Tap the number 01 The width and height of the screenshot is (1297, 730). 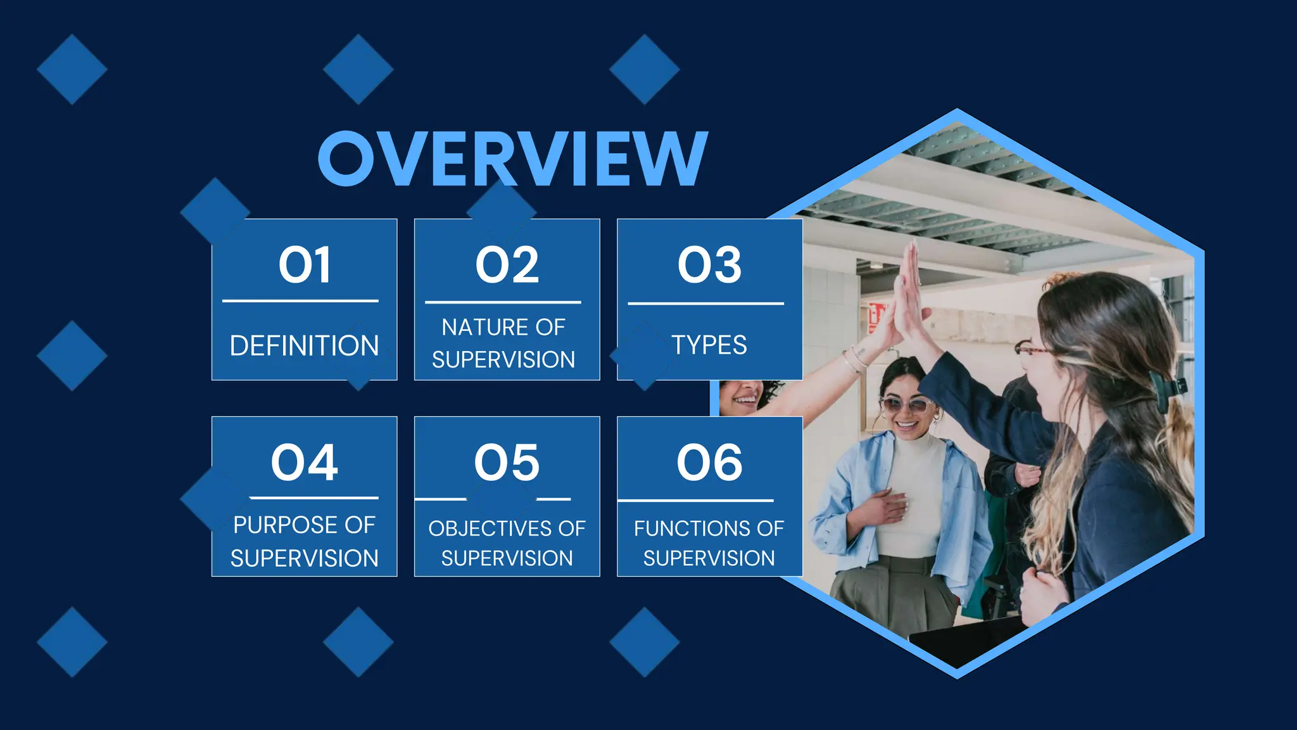click(x=305, y=265)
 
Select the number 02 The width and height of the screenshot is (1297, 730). click(x=507, y=265)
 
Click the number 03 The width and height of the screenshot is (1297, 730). click(x=709, y=265)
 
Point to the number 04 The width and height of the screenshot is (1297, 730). click(x=305, y=463)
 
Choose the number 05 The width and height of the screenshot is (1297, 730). click(x=507, y=463)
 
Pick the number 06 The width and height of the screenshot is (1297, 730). click(x=709, y=463)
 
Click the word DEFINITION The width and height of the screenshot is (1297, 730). click(x=305, y=346)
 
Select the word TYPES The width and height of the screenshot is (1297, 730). click(x=709, y=345)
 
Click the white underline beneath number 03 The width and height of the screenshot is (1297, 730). click(x=705, y=304)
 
